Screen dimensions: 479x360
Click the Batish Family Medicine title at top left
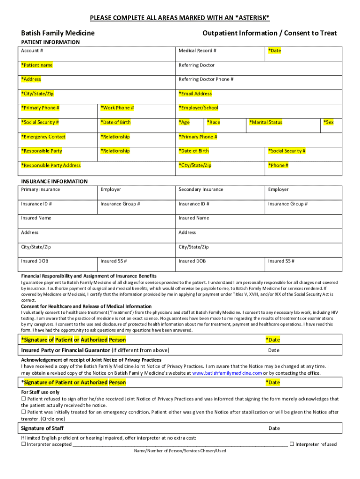pyautogui.click(x=58, y=33)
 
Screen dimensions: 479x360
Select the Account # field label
pyautogui.click(x=32, y=51)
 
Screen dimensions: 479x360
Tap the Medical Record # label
pyautogui.click(x=197, y=51)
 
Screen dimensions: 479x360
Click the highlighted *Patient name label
pyautogui.click(x=37, y=65)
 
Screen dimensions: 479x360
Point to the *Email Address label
pyautogui.click(x=195, y=94)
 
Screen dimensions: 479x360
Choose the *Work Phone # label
pyautogui.click(x=117, y=108)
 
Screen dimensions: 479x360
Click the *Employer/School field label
pyautogui.click(x=198, y=108)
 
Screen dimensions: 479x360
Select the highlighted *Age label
pyautogui.click(x=184, y=123)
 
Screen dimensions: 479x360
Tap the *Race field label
pyautogui.click(x=213, y=123)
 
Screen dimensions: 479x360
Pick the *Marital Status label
pyautogui.click(x=266, y=123)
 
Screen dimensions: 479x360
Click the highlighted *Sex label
pyautogui.click(x=329, y=123)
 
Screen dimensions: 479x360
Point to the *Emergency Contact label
pyautogui.click(x=43, y=137)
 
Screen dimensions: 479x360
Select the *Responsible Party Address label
pyautogui.click(x=51, y=166)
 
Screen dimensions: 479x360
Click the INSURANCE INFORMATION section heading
pyautogui.click(x=54, y=181)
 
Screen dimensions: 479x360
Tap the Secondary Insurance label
pyautogui.click(x=201, y=189)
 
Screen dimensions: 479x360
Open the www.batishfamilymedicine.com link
pyautogui.click(x=227, y=373)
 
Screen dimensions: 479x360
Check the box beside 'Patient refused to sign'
pyautogui.click(x=24, y=399)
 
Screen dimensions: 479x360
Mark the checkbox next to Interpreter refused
pyautogui.click(x=292, y=444)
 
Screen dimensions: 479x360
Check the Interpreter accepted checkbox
pyautogui.click(x=24, y=444)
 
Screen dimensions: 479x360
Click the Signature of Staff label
pyautogui.click(x=43, y=428)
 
